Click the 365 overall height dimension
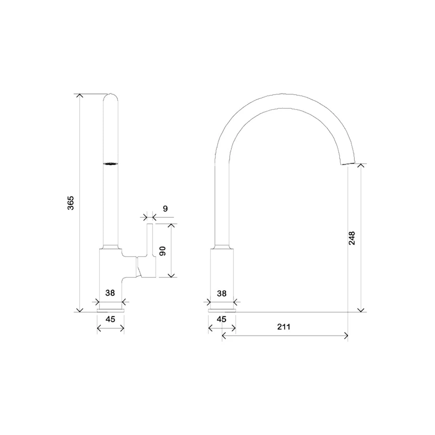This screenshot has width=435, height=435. (x=71, y=203)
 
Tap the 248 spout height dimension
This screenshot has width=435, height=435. (x=352, y=238)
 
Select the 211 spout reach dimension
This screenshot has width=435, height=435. (x=284, y=327)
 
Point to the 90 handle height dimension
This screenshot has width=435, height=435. (x=163, y=251)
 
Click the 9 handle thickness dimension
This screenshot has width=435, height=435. (x=165, y=208)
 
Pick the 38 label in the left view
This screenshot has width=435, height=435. (x=110, y=293)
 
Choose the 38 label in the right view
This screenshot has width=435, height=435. (x=222, y=293)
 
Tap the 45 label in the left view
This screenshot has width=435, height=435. (x=110, y=319)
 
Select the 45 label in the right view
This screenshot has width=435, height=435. (x=221, y=319)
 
